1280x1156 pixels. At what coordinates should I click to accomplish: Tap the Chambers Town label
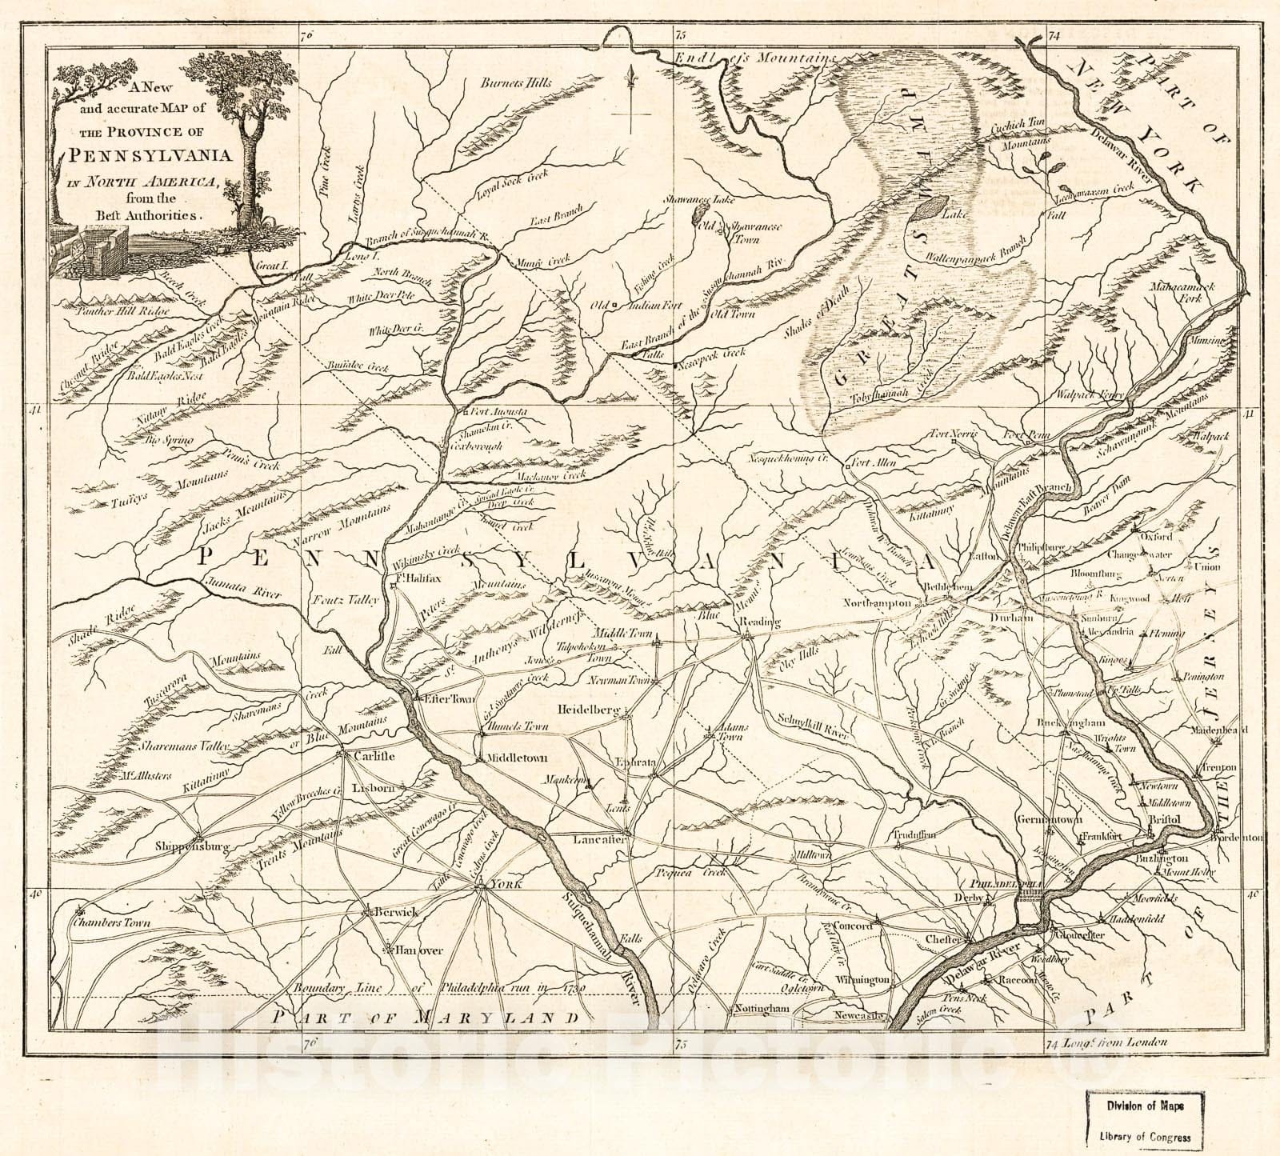[111, 922]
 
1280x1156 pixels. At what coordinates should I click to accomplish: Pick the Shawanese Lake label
[700, 202]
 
